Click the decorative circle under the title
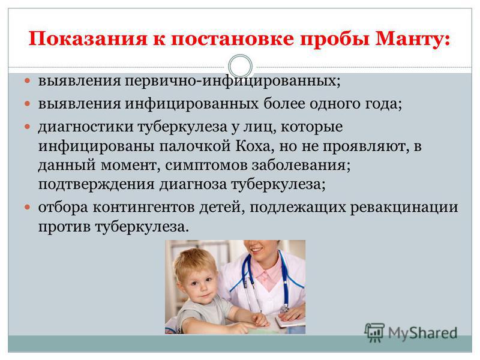(241, 67)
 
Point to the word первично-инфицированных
(233, 82)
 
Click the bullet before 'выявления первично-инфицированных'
(28, 81)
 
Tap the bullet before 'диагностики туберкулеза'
(28, 126)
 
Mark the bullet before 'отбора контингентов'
(28, 207)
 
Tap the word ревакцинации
(404, 208)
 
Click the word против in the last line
(64, 227)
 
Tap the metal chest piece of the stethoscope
(284, 308)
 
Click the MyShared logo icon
(374, 332)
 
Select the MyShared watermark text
(422, 333)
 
